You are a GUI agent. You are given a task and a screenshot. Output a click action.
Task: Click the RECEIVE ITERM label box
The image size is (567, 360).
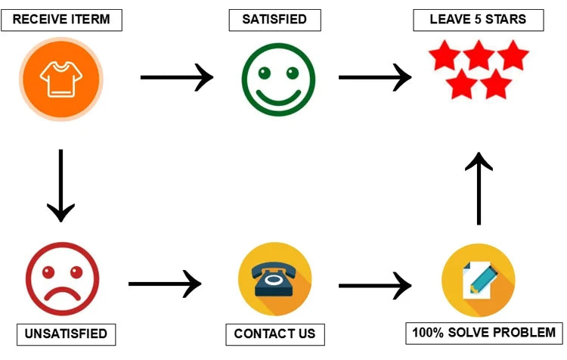pyautogui.click(x=61, y=20)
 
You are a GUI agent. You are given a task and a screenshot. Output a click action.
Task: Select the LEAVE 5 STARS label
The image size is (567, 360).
pyautogui.click(x=479, y=20)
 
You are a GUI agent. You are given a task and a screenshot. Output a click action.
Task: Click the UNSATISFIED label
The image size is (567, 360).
pyautogui.click(x=67, y=334)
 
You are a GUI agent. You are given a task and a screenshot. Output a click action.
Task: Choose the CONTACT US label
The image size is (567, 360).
pyautogui.click(x=274, y=334)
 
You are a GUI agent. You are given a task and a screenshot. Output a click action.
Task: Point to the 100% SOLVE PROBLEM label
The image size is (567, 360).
pyautogui.click(x=484, y=333)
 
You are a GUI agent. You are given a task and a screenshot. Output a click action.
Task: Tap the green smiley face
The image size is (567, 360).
pyautogui.click(x=278, y=78)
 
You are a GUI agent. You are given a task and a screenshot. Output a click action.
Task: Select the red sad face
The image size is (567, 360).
pyautogui.click(x=62, y=279)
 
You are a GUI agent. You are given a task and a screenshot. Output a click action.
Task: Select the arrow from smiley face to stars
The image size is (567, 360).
pyautogui.click(x=375, y=76)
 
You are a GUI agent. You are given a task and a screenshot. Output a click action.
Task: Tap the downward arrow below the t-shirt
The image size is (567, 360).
pyautogui.click(x=60, y=185)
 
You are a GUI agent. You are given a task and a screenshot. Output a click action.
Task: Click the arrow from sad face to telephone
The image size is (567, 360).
pyautogui.click(x=165, y=284)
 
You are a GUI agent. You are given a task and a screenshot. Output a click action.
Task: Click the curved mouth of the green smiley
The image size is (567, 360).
pyautogui.click(x=278, y=96)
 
